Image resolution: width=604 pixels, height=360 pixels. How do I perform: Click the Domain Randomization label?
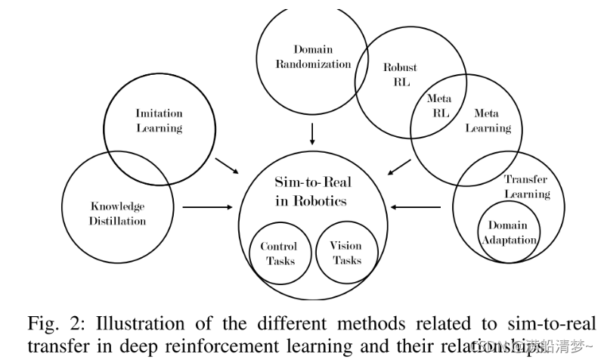click(313, 57)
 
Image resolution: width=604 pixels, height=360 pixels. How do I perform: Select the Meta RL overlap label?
click(438, 105)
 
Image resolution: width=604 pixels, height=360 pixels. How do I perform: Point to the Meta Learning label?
click(487, 120)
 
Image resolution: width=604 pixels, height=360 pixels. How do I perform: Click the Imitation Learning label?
click(159, 120)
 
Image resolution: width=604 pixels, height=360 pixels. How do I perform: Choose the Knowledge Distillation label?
click(118, 213)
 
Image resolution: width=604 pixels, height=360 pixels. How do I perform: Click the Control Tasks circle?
click(279, 253)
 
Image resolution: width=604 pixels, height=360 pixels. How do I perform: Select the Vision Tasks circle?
click(346, 253)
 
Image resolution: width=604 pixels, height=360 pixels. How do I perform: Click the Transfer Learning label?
click(526, 186)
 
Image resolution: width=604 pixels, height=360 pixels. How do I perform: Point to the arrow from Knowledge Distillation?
click(206, 206)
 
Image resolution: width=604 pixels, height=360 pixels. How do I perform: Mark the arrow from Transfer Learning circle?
click(418, 206)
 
